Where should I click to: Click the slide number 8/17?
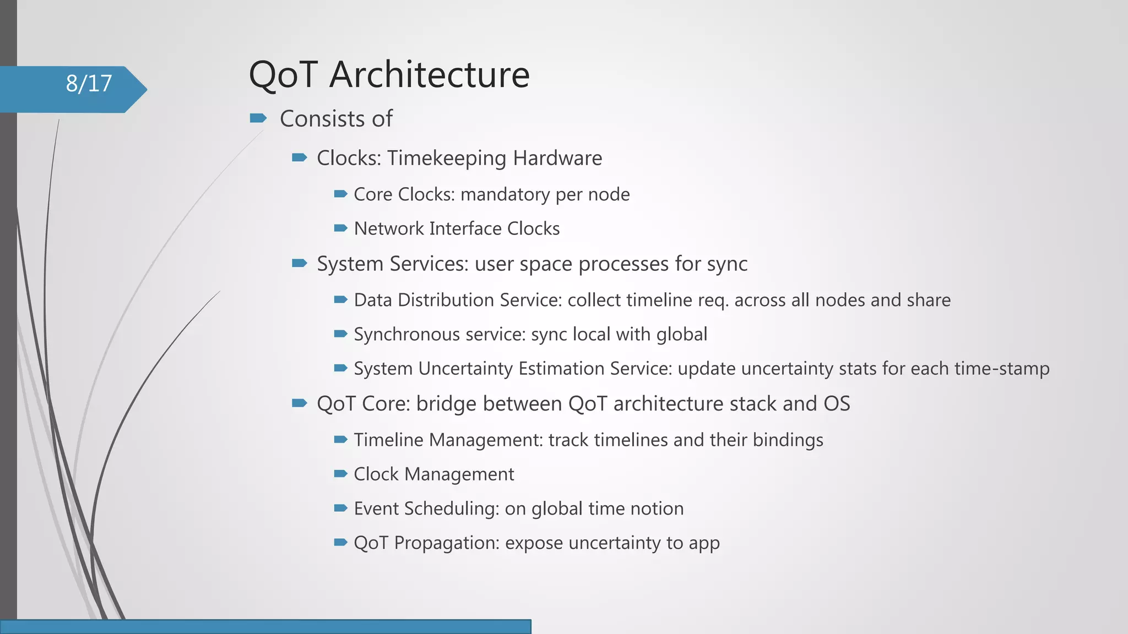pos(89,84)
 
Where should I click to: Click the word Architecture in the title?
pos(429,75)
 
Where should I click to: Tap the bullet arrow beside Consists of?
pos(258,118)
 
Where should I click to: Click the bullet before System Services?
pos(299,263)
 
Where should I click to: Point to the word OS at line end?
pos(837,403)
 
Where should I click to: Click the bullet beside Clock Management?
pos(340,473)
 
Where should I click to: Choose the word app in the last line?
pos(704,544)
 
